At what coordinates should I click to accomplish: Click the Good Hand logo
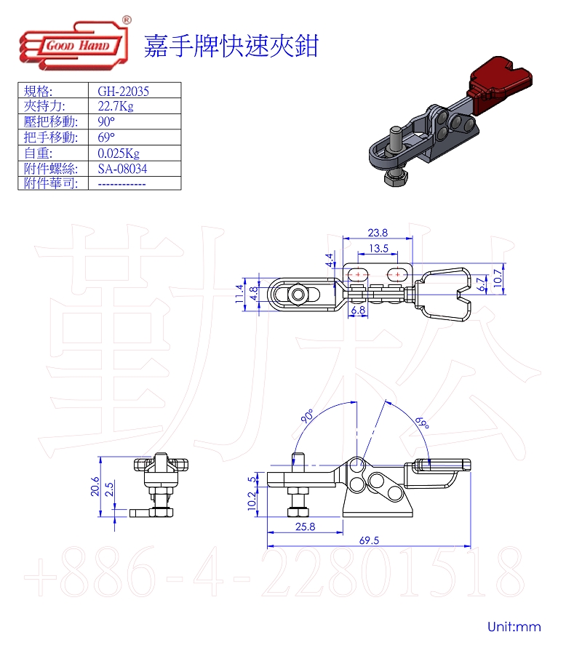pyautogui.click(x=75, y=44)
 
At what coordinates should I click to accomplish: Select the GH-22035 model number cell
pyautogui.click(x=123, y=91)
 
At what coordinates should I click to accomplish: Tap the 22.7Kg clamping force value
pyautogui.click(x=116, y=106)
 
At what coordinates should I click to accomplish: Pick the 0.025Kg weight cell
pyautogui.click(x=119, y=153)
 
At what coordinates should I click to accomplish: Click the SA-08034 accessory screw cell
pyautogui.click(x=122, y=169)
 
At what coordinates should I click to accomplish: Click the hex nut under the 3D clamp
pyautogui.click(x=396, y=178)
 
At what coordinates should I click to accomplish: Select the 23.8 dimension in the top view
pyautogui.click(x=378, y=233)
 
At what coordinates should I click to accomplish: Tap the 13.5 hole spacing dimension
pyautogui.click(x=378, y=249)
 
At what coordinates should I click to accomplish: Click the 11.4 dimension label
pyautogui.click(x=239, y=294)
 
